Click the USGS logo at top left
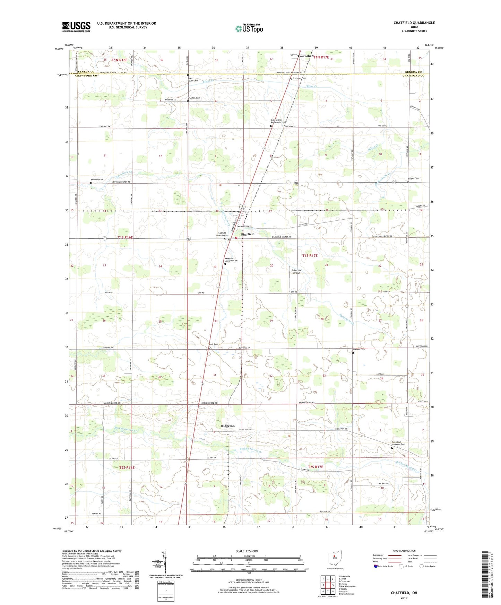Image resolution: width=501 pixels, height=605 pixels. coord(76,26)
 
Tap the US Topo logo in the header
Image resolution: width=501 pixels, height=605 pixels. coord(249,28)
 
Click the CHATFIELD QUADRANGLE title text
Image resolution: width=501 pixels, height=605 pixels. coord(414,23)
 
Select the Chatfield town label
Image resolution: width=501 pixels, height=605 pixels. coord(248,234)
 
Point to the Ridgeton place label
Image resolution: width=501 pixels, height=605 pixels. coord(228,426)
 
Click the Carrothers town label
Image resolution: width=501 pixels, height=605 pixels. coord(305,56)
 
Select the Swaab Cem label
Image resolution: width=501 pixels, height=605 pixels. coord(413,179)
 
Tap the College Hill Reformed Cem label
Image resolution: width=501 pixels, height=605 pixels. coord(278,121)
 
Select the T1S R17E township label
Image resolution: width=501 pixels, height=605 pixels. coord(310,256)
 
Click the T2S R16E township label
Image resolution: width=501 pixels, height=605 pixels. coord(127,468)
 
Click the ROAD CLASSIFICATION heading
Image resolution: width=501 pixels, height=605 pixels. coord(404,551)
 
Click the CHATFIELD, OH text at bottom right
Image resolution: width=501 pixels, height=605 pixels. coord(404,593)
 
